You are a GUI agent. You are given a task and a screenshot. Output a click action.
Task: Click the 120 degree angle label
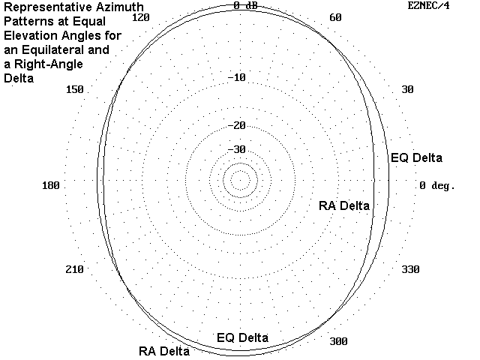click(140, 17)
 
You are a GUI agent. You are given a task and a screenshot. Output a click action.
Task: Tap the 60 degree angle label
click(335, 17)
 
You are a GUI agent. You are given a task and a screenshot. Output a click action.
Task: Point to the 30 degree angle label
click(407, 89)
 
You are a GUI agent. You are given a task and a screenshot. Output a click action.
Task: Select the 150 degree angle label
click(75, 89)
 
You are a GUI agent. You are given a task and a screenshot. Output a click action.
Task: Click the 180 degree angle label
click(51, 185)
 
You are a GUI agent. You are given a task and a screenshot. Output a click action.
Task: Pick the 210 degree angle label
click(75, 269)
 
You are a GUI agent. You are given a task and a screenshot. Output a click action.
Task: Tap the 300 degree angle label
click(338, 341)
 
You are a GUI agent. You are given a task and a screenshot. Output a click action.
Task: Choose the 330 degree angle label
click(410, 269)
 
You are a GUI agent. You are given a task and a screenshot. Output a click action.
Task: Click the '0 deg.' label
click(437, 185)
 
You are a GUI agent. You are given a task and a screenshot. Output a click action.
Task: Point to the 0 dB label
click(245, 5)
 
